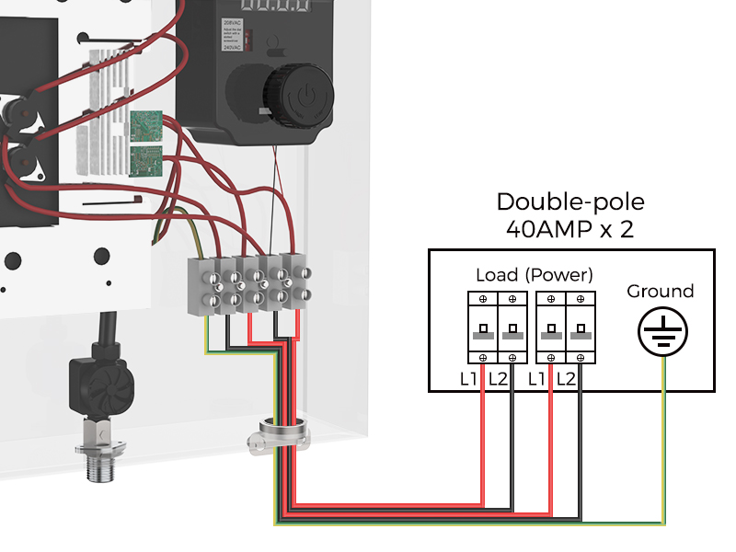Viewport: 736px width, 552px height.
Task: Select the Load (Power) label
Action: click(x=535, y=275)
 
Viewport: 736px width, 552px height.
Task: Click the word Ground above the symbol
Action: click(x=660, y=292)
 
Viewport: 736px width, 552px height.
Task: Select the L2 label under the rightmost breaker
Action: click(x=568, y=378)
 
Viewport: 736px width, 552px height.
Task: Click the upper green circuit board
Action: click(x=145, y=124)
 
